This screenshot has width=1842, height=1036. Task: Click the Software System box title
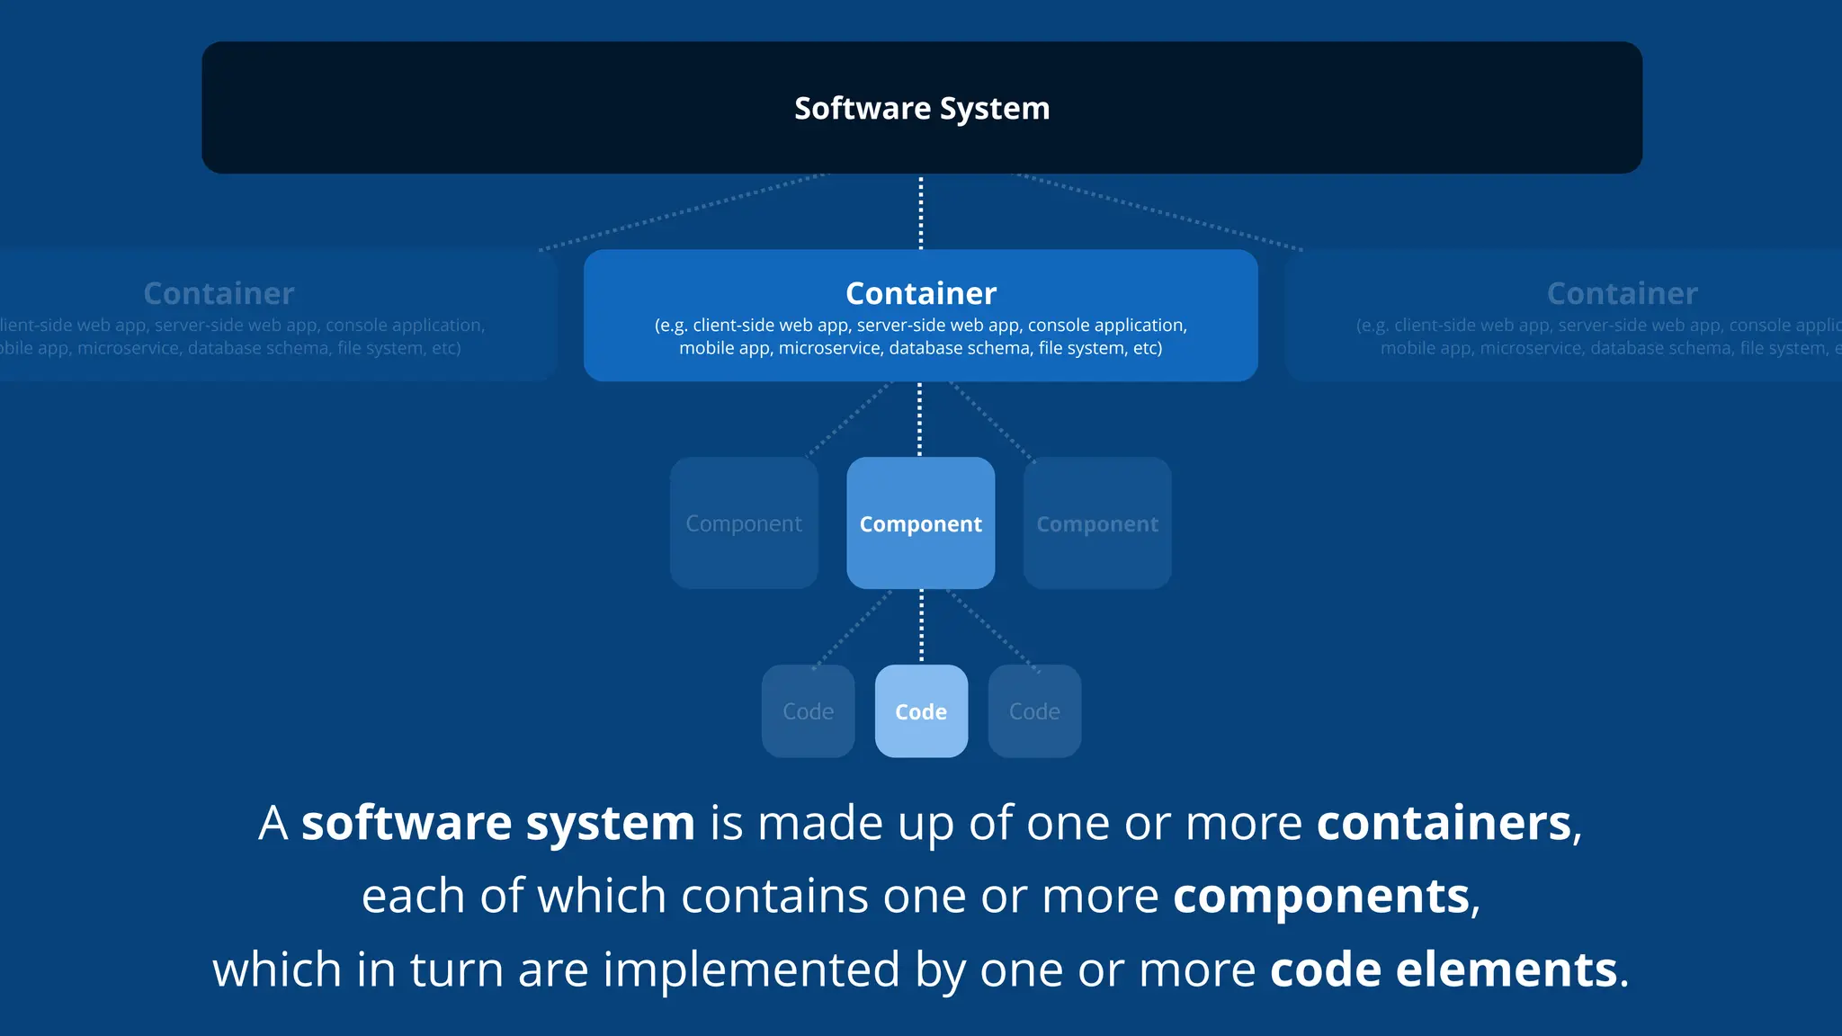coord(922,108)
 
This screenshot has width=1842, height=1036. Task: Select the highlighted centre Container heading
coord(921,293)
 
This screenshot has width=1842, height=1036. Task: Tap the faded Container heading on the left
coord(219,293)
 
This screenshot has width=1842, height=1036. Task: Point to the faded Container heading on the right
coord(1622,293)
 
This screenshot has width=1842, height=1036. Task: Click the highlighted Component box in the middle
coord(921,523)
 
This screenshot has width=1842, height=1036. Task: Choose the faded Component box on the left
coord(744,523)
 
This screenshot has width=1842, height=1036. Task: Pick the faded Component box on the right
coord(1097,523)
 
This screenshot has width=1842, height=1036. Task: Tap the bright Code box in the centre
coord(921,711)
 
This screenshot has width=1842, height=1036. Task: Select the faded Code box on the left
coord(808,711)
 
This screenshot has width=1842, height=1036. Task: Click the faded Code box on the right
coord(1034,711)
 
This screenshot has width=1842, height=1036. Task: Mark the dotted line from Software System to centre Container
coord(921,212)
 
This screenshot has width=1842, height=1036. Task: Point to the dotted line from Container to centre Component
coord(919,419)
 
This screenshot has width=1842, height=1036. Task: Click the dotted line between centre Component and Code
coord(921,627)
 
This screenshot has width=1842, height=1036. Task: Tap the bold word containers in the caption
coord(1444,823)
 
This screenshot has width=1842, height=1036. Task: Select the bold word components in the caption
coord(1320,897)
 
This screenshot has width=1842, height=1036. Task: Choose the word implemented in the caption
coord(751,969)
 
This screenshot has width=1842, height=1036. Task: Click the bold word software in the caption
coord(407,823)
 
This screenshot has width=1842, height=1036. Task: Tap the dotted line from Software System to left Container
coord(684,212)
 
